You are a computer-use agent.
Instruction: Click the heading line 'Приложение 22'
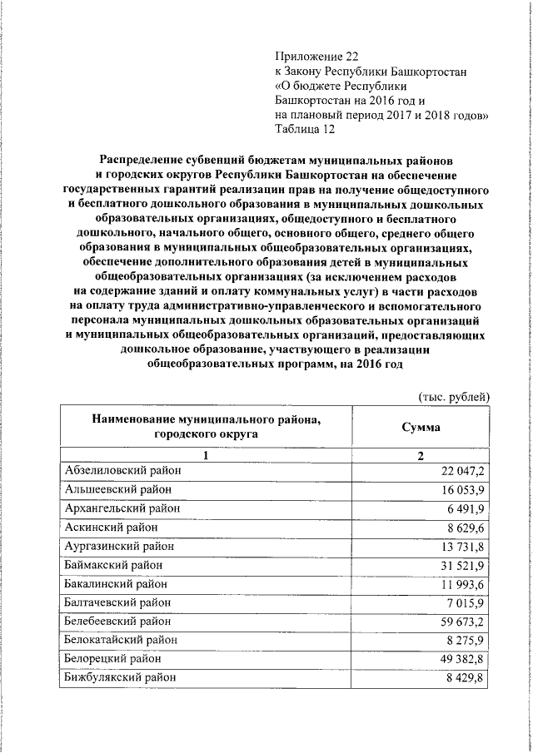click(316, 57)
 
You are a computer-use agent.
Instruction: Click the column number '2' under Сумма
click(421, 455)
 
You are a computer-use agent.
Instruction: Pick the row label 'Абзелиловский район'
click(122, 471)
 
